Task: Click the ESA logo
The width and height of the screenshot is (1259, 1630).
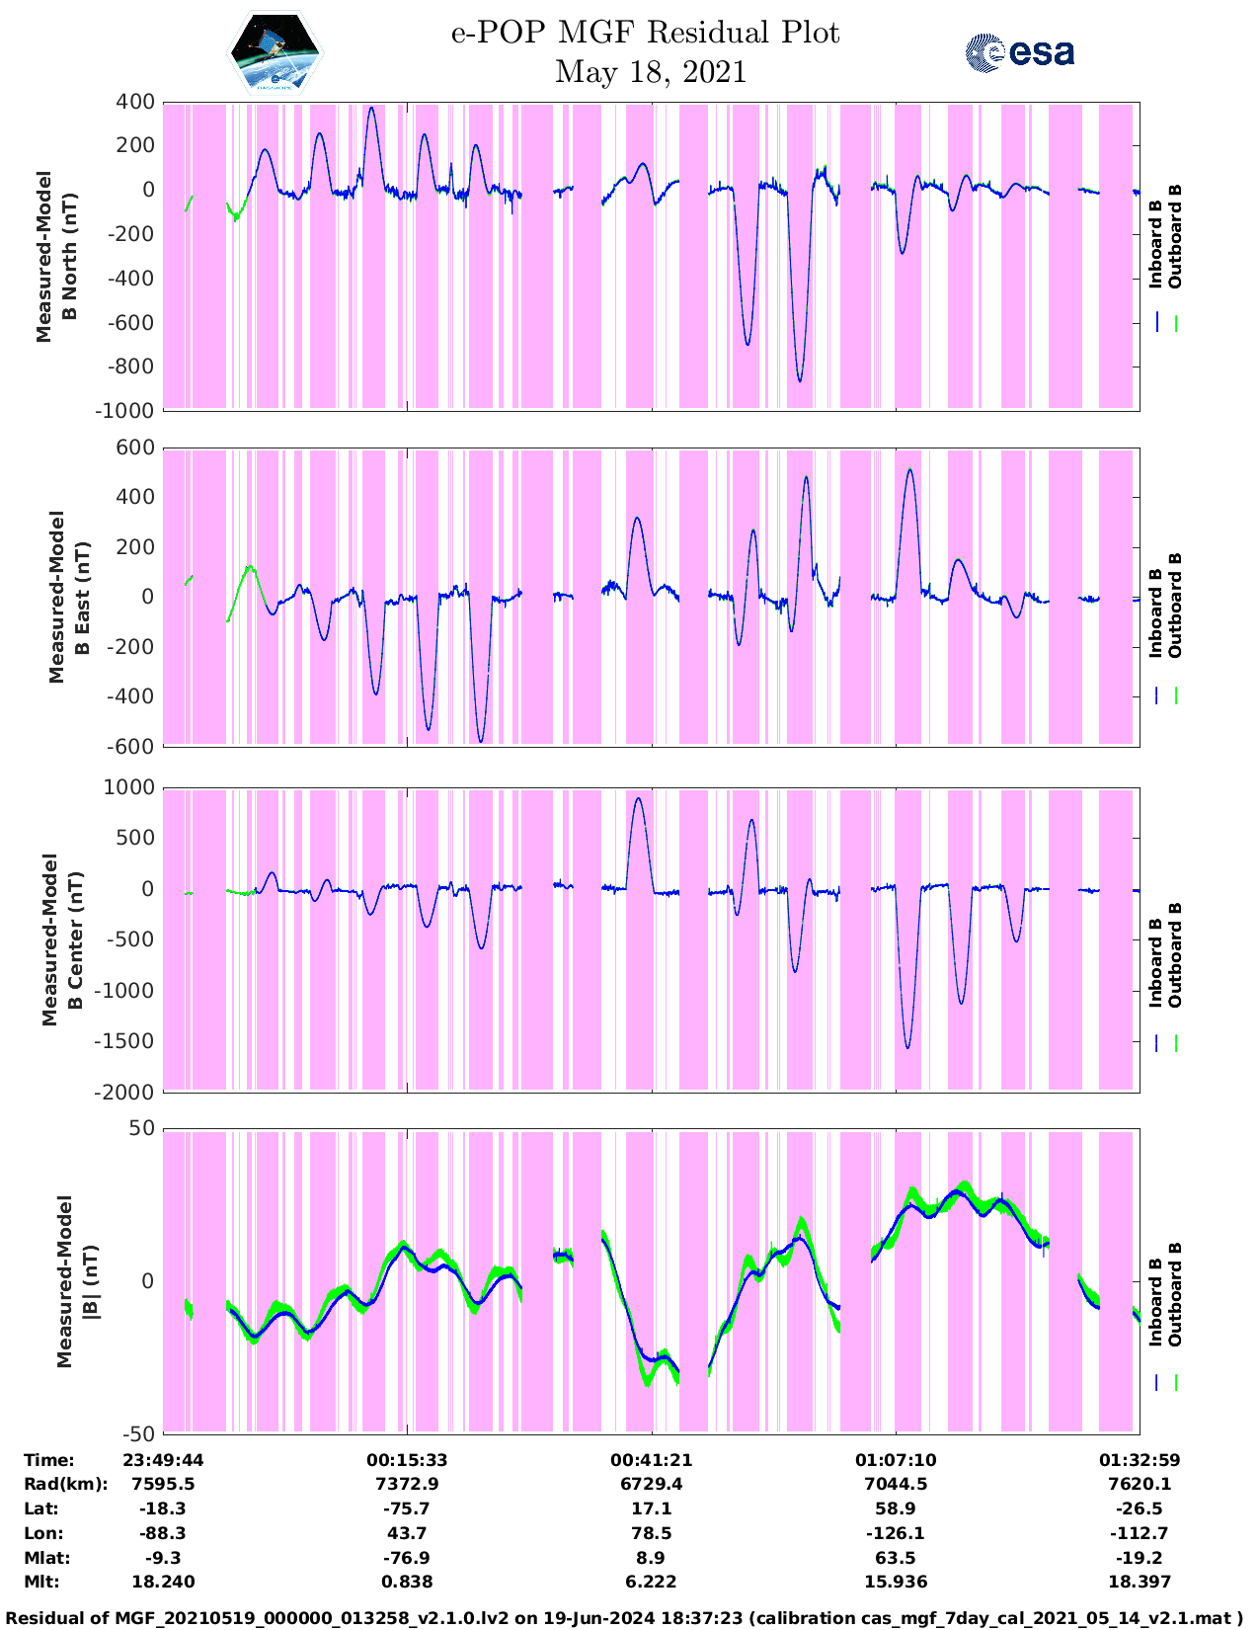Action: coord(1019,52)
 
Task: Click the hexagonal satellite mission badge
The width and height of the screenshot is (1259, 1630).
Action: coord(275,52)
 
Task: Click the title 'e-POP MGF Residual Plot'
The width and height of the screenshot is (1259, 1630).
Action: coord(645,33)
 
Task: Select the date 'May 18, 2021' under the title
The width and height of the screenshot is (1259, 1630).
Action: coord(650,72)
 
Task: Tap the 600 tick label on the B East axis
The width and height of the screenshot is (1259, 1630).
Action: coord(135,448)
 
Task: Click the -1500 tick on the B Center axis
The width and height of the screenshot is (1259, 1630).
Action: coord(123,1041)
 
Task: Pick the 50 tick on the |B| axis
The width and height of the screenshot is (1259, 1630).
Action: coord(142,1128)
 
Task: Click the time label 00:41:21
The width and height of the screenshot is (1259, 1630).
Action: coord(651,1460)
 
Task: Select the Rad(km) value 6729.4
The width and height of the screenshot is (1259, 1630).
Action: coord(651,1484)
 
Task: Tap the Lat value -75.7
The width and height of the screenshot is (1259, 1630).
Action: coord(407,1508)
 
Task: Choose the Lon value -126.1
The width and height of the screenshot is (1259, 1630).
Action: coord(896,1533)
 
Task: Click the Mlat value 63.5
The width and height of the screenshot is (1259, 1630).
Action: coord(896,1558)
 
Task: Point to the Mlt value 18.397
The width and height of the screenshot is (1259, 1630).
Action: coord(1140,1582)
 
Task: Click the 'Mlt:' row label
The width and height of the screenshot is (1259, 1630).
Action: coord(41,1582)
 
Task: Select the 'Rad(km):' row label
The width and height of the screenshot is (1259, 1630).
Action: coord(66,1484)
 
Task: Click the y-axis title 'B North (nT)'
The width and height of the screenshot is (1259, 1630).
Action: coord(69,257)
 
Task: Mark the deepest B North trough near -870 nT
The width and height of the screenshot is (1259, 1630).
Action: coord(799,381)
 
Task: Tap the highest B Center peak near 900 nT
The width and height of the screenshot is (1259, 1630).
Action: coord(637,799)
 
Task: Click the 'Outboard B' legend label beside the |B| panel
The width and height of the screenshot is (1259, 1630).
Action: coord(1175,1294)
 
